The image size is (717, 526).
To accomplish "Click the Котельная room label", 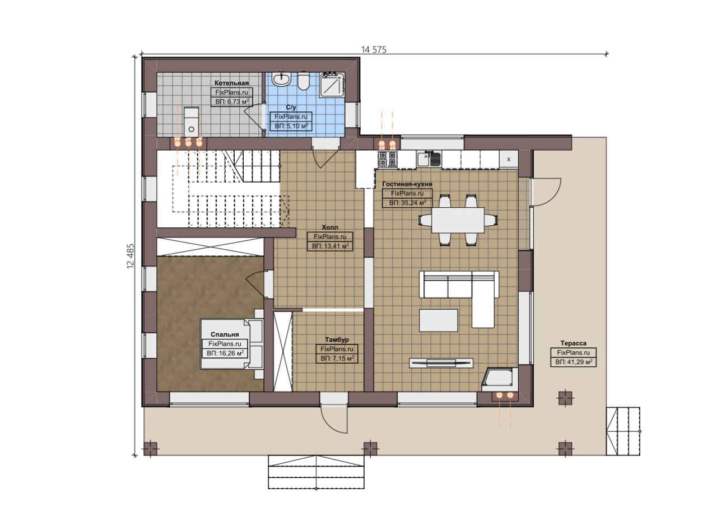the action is (x=231, y=83).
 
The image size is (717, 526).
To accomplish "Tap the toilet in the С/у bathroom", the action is (x=303, y=81).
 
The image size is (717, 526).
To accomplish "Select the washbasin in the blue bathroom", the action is (x=281, y=79).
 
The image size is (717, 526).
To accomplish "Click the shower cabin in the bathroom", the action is (x=332, y=84).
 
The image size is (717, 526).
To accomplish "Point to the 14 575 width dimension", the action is (x=374, y=50).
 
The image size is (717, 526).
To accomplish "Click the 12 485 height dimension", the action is (x=131, y=256).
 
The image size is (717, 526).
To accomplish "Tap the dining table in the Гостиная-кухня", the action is (x=458, y=220).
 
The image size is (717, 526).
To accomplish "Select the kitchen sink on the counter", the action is (x=429, y=159).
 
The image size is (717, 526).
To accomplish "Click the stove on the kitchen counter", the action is (x=387, y=160).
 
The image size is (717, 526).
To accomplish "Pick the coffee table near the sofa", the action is (x=439, y=320).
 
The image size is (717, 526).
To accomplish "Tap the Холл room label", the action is (x=330, y=227).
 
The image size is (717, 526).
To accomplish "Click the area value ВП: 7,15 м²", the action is (x=337, y=359).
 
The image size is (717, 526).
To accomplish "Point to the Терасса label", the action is (x=573, y=343).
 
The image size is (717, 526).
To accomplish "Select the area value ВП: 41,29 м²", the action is (x=573, y=362).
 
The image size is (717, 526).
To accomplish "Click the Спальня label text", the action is (x=225, y=334).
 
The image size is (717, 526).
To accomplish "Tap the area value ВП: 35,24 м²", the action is (x=407, y=203).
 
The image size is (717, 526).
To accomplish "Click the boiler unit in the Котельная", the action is (x=191, y=122).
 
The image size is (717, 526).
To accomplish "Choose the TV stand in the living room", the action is (x=441, y=363).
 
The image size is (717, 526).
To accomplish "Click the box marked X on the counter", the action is (x=509, y=159).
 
